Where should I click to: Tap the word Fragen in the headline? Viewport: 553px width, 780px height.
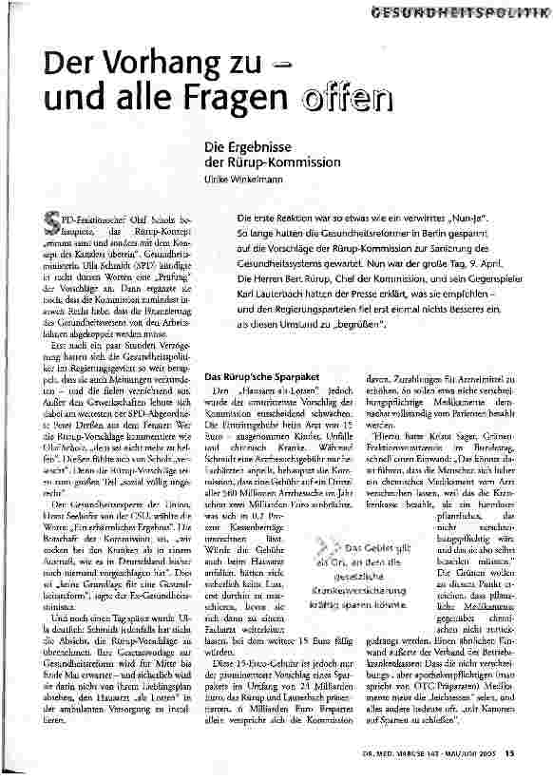click(x=238, y=99)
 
